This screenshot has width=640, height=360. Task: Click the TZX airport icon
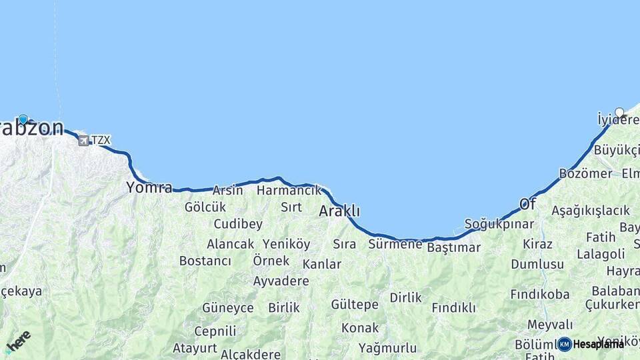(x=83, y=140)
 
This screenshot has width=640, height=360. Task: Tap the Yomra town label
(x=149, y=187)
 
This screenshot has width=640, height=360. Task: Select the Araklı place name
(x=339, y=211)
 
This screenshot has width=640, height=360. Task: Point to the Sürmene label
(x=395, y=244)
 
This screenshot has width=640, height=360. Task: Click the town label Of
(x=527, y=203)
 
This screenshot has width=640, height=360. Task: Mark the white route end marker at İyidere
(x=619, y=113)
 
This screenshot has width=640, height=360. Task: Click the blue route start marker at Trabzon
(x=23, y=120)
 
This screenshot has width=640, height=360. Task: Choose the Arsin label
(x=228, y=191)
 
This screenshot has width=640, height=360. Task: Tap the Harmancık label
(x=289, y=191)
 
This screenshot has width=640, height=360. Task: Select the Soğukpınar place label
(x=499, y=224)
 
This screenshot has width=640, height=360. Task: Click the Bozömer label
(x=585, y=173)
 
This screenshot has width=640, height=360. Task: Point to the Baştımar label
(x=453, y=247)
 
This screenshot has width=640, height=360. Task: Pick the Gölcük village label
(x=205, y=207)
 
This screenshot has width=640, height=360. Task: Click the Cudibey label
(x=238, y=224)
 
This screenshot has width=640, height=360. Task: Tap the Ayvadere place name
(x=281, y=281)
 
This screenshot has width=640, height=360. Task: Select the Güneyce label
(x=228, y=308)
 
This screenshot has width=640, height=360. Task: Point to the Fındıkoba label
(x=540, y=294)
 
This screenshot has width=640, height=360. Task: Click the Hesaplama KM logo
(x=591, y=344)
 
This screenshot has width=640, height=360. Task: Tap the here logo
(x=18, y=341)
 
